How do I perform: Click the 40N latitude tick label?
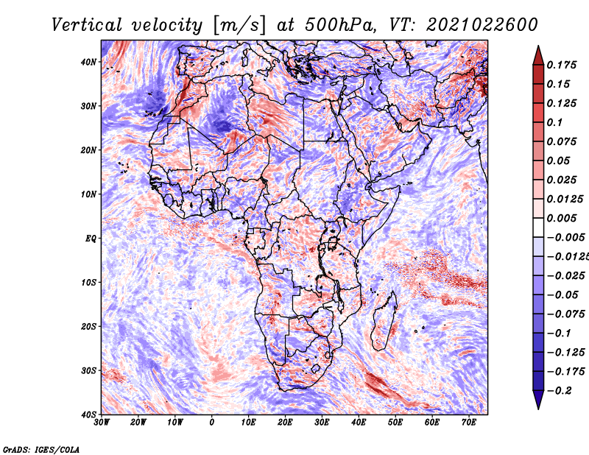88,62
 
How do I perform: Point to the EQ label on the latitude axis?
91,239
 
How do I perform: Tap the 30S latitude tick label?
88,371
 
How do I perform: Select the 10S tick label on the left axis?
88,283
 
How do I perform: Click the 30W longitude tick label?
102,423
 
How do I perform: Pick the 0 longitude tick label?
212,423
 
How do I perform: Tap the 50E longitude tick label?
395,423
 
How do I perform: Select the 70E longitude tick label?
469,423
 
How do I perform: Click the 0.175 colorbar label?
561,65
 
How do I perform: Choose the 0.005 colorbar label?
561,218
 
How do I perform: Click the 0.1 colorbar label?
555,122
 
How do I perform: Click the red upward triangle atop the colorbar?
538,55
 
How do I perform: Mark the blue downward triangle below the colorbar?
538,400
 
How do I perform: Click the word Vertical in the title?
87,25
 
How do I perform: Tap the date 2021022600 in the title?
482,25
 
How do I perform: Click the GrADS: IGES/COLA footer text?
41,450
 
